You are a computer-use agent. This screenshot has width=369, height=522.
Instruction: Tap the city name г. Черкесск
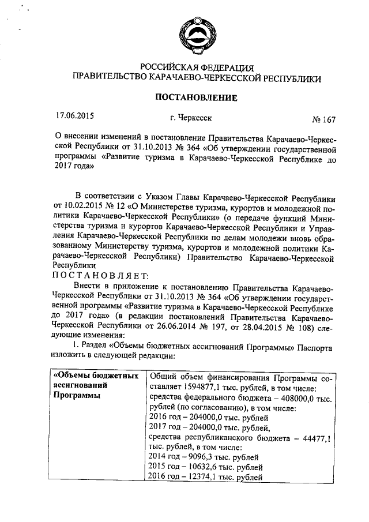point(190,117)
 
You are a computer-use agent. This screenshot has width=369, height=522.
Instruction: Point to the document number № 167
point(323,120)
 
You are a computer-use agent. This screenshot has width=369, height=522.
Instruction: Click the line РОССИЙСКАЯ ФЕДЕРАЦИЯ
point(197,67)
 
